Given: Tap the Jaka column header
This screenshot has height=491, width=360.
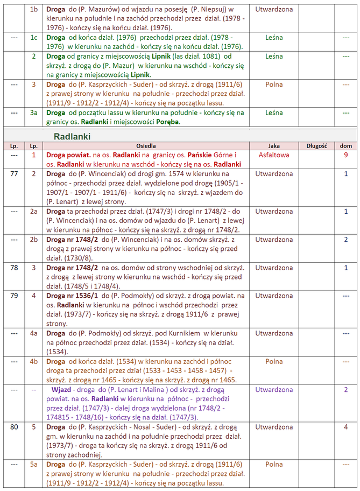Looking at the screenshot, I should [274, 146].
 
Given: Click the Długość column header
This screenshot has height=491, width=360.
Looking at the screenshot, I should [316, 146].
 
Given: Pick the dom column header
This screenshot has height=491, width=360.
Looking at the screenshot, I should [345, 146].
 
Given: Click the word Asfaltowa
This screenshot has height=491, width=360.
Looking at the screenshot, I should [274, 155].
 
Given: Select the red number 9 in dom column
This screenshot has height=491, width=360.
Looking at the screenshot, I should [346, 155].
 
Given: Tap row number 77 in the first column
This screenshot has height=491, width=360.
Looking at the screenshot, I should [14, 174].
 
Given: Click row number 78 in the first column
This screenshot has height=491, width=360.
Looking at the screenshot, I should [14, 268].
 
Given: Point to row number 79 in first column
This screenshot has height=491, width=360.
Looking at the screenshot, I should [14, 296].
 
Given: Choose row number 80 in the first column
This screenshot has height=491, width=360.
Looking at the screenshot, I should [14, 427].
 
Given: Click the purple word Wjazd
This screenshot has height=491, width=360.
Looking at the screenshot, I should [62, 389].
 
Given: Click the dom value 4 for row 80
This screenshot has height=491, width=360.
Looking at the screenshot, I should [346, 427].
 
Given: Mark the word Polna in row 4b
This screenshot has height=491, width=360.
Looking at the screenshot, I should [274, 361].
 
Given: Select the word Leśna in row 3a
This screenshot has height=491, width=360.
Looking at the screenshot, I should [274, 113].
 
